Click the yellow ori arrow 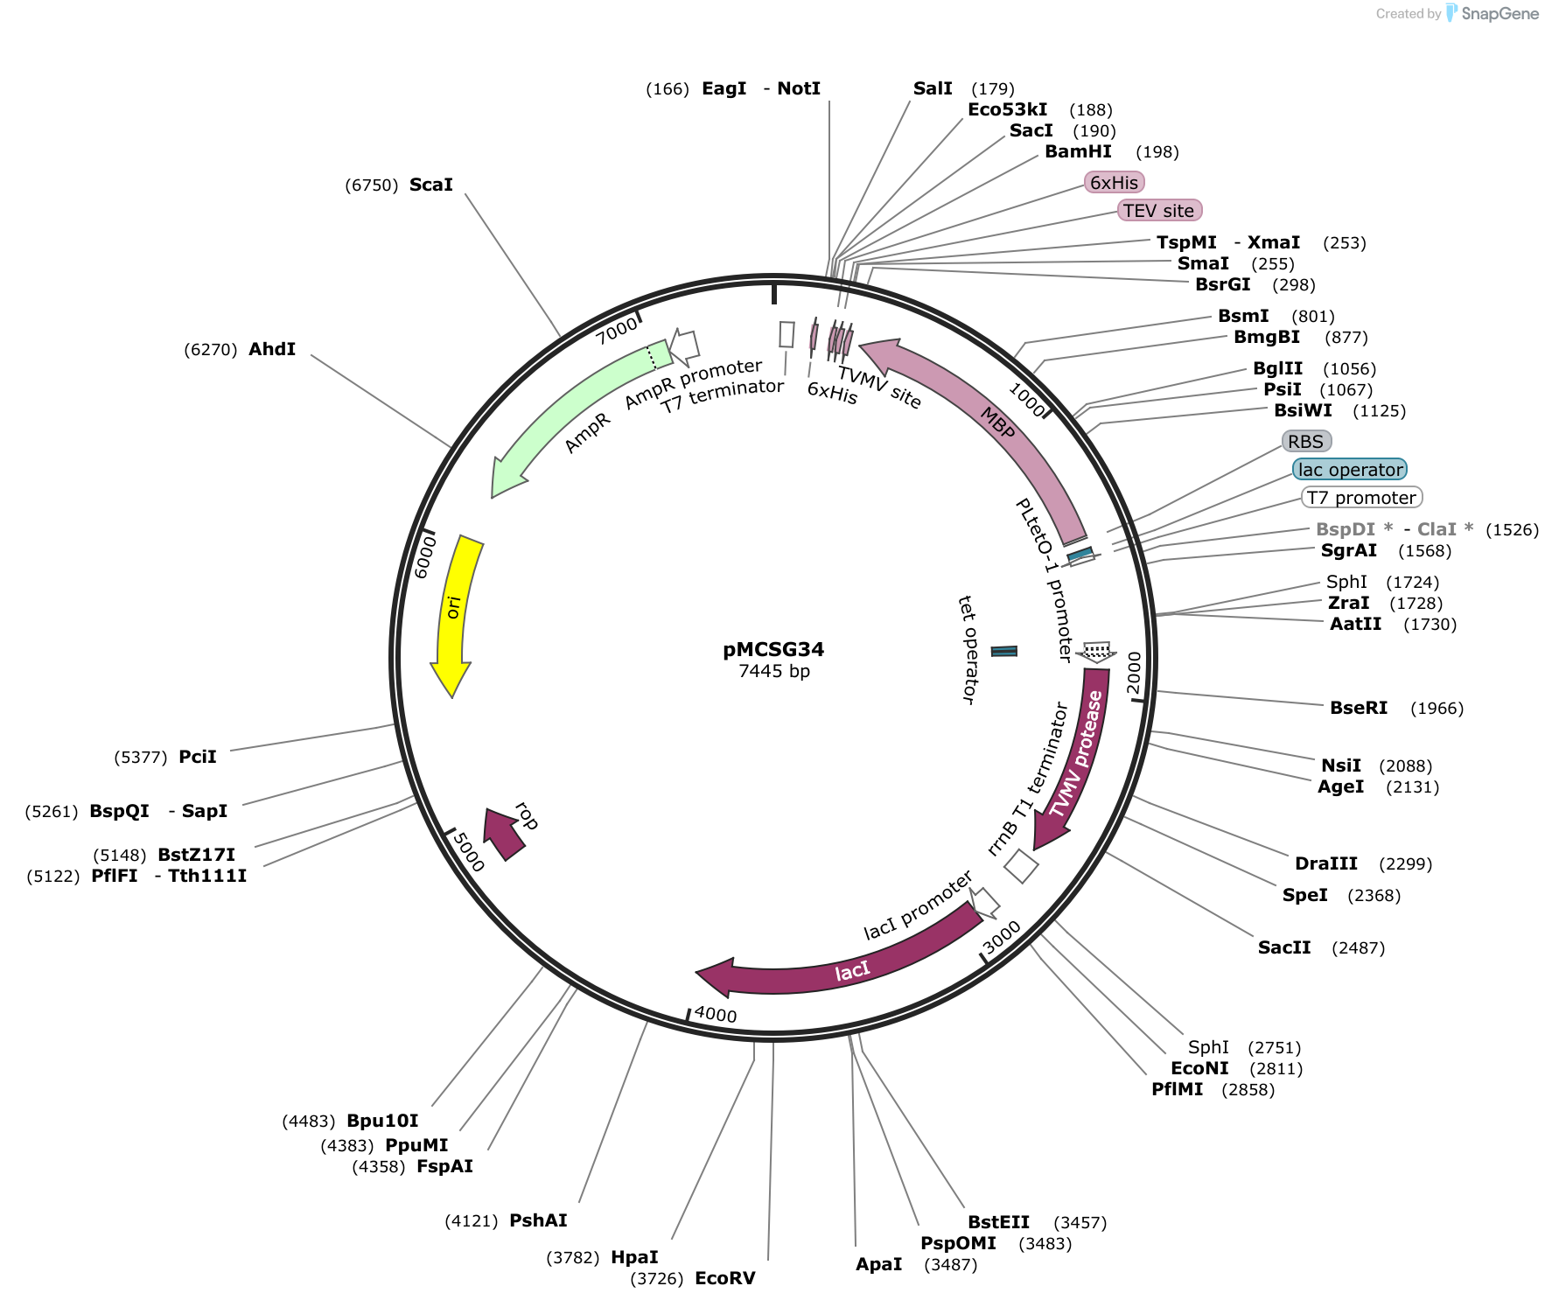[457, 612]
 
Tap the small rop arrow [504, 834]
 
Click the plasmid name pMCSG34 [773, 649]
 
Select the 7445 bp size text [774, 671]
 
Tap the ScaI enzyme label [431, 185]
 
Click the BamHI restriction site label [1078, 151]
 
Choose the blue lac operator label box [1350, 470]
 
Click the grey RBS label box [1306, 442]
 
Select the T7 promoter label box [1361, 498]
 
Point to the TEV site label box [1159, 211]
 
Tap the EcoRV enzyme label [725, 1278]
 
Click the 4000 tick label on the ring [716, 1015]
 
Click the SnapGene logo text [1500, 13]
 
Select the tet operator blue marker [1004, 651]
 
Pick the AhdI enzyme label [272, 349]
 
